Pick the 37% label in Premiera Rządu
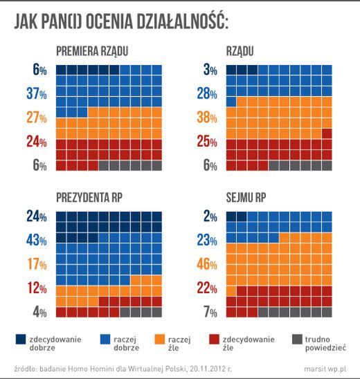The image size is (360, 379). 36,93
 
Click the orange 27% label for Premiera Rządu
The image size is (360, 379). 36,118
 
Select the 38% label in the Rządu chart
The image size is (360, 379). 208,118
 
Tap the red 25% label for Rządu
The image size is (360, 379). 208,142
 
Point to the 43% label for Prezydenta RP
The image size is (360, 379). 36,241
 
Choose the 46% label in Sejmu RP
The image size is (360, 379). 208,264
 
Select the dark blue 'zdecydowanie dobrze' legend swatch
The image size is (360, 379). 21,339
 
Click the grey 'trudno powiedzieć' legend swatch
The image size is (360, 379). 298,339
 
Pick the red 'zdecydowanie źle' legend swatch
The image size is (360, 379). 215,339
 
